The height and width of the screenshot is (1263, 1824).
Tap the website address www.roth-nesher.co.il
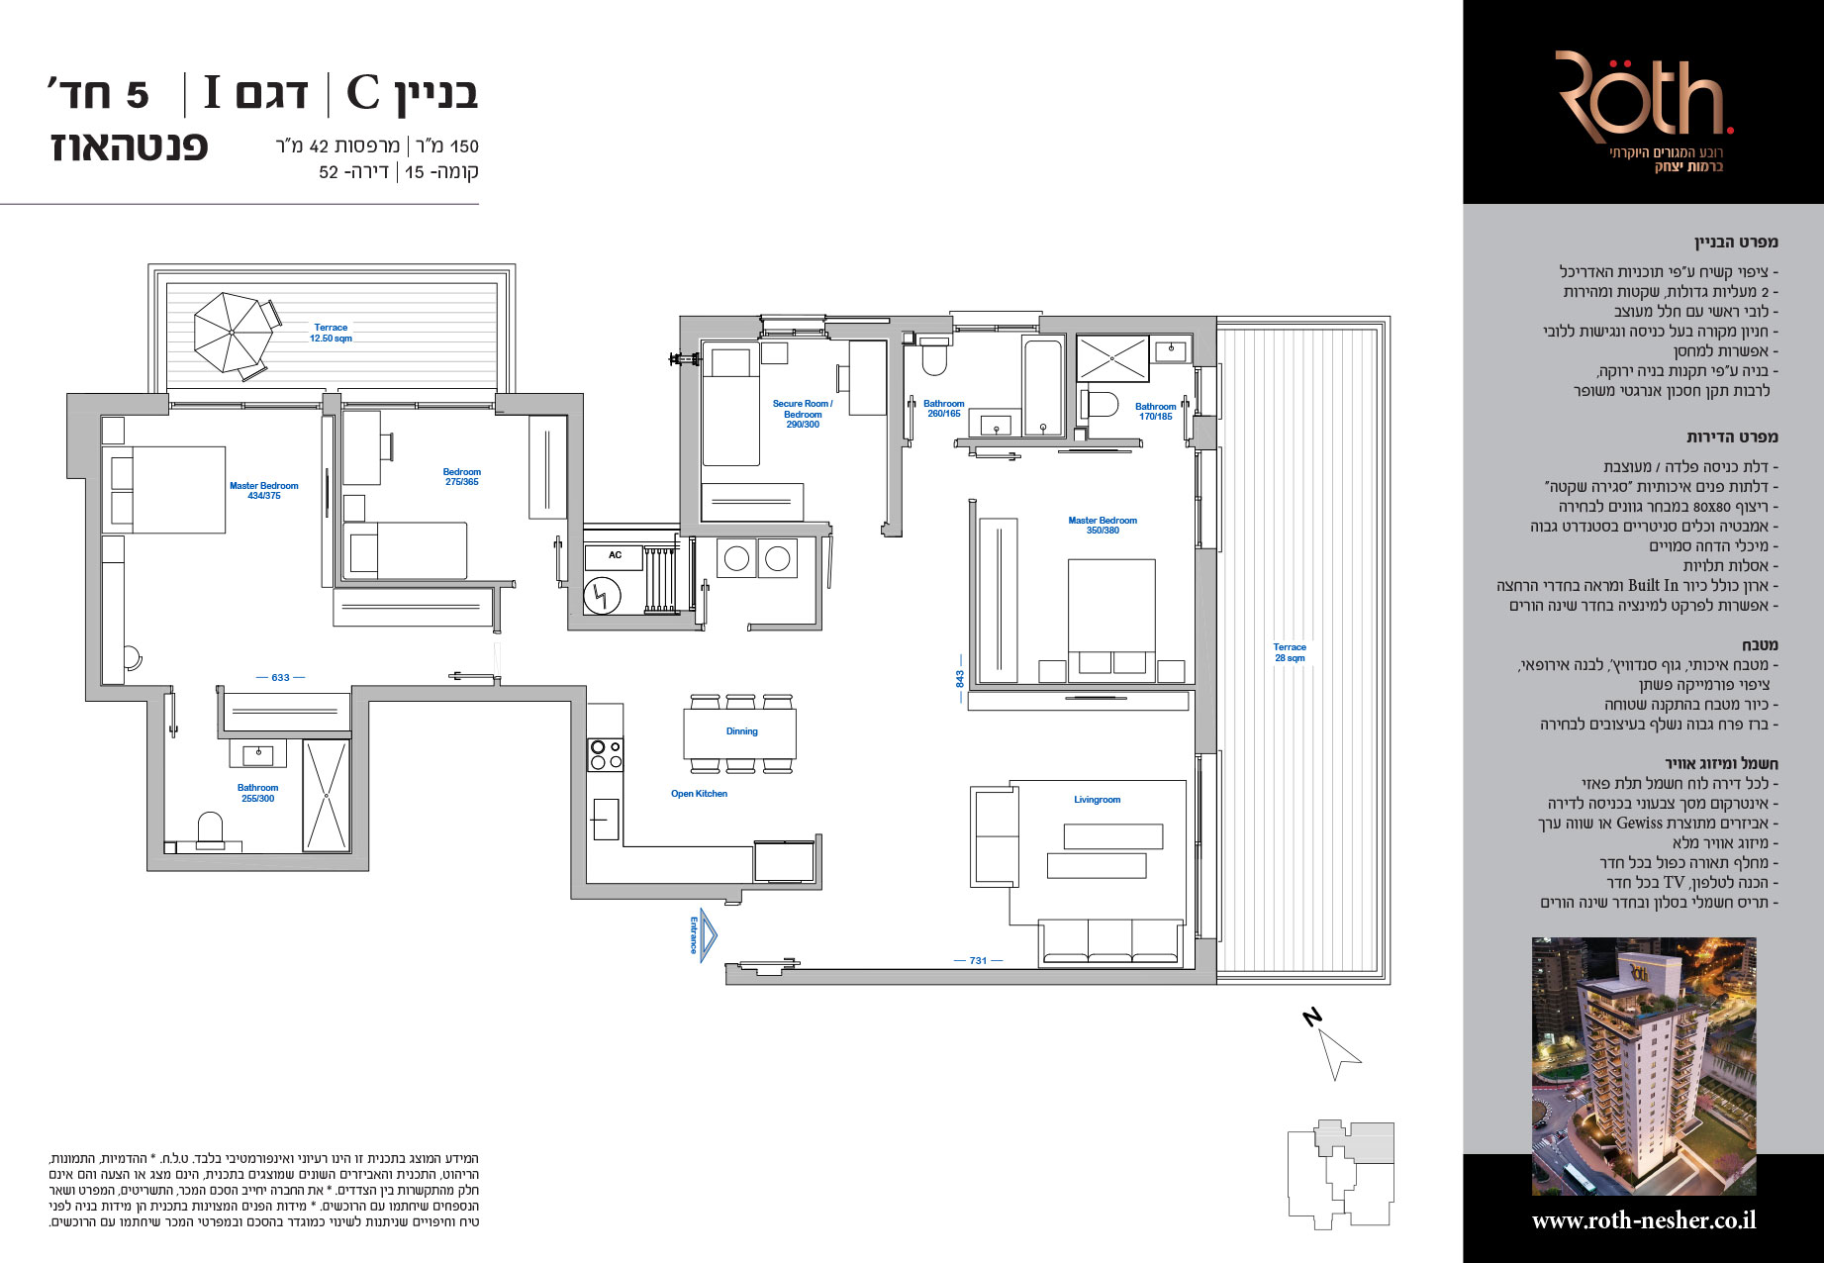point(1644,1220)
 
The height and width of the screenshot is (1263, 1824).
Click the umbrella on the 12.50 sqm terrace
point(233,334)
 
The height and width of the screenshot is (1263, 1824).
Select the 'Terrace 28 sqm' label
point(1290,652)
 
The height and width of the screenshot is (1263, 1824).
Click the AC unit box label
point(616,555)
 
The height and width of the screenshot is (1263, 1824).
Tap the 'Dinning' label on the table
point(741,731)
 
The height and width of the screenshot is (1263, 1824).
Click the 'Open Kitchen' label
point(699,794)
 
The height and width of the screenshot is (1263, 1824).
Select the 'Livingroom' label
point(1097,800)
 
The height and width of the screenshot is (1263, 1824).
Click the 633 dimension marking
point(280,678)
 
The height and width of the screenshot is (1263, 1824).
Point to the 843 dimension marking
point(960,679)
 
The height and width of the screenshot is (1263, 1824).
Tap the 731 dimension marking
point(978,961)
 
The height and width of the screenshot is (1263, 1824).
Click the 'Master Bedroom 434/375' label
point(263,491)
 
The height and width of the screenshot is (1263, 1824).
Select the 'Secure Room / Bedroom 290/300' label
point(803,414)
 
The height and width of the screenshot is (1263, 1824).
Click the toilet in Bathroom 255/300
point(211,829)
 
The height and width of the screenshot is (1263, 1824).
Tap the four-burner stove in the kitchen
point(606,755)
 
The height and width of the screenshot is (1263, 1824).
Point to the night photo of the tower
point(1644,1067)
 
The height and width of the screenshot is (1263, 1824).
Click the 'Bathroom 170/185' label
point(1155,412)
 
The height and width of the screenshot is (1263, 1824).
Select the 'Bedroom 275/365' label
point(461,477)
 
